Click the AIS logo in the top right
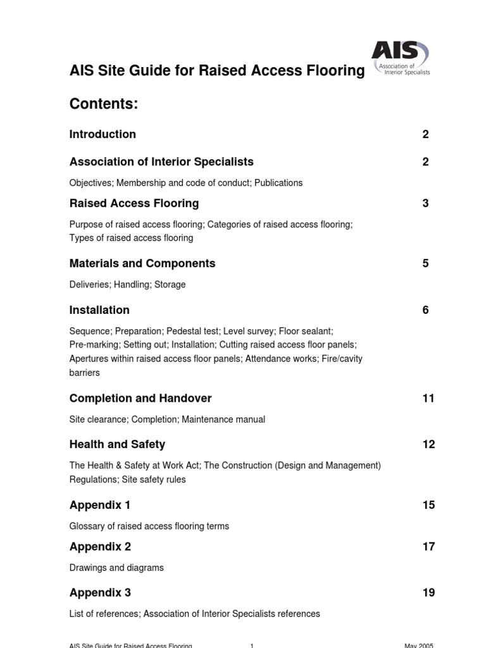(x=400, y=58)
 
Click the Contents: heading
(x=104, y=104)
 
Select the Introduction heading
(x=103, y=134)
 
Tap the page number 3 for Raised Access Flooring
(x=425, y=203)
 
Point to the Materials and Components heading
(x=142, y=263)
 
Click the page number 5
(x=425, y=263)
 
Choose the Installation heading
(x=99, y=310)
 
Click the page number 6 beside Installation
(x=425, y=310)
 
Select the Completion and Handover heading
(x=140, y=398)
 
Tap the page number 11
(x=428, y=398)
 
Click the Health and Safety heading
(x=117, y=444)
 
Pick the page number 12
(x=428, y=444)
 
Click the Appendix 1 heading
(x=100, y=505)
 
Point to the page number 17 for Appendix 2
(x=428, y=547)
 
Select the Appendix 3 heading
(x=100, y=593)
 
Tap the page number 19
(x=428, y=593)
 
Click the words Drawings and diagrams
(x=116, y=568)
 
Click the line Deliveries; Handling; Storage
(x=127, y=285)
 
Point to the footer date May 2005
(x=419, y=645)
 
